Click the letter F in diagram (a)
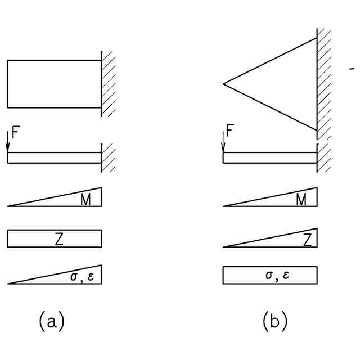click(x=15, y=135)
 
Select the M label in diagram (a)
click(x=85, y=200)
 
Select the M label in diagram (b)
click(x=301, y=200)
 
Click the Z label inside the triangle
click(x=307, y=240)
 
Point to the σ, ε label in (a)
click(x=81, y=277)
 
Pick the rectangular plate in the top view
click(x=54, y=84)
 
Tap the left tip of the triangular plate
click(x=224, y=84)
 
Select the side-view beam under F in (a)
click(x=54, y=157)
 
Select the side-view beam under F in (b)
click(x=270, y=157)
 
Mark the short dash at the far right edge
click(x=352, y=69)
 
